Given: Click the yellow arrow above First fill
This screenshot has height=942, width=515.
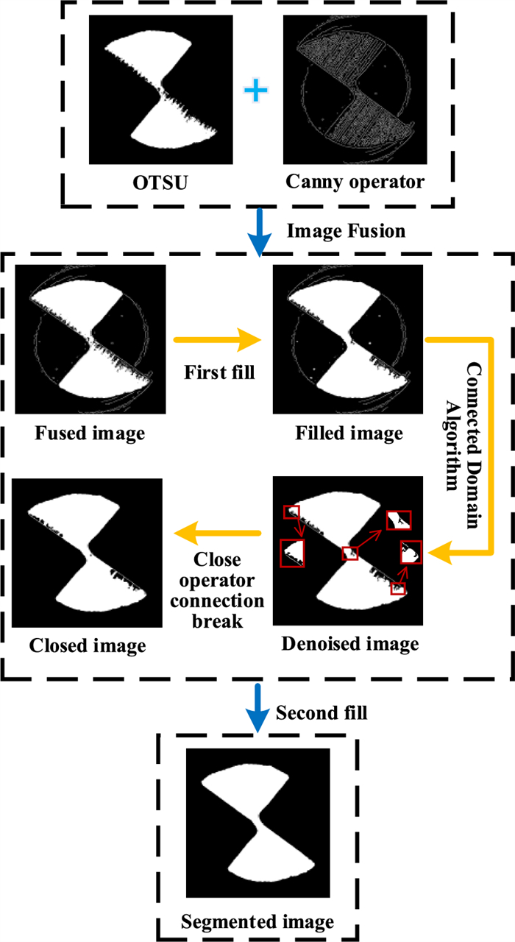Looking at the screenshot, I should coord(218,340).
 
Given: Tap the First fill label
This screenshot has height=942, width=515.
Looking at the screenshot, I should coord(220,372).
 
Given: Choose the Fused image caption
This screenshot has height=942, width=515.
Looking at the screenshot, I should coord(89,433).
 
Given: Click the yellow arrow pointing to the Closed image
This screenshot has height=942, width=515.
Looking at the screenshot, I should coord(218,533).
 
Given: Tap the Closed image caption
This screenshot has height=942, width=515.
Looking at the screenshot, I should coord(88,645).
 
